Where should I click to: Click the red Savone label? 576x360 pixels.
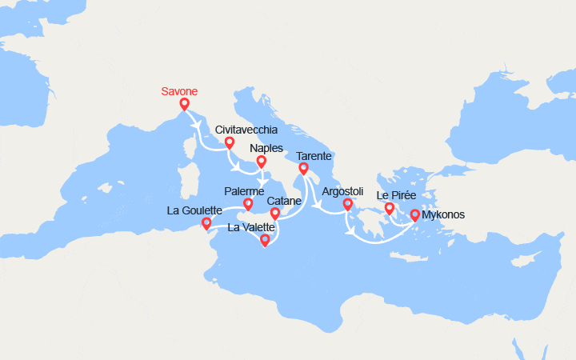180,91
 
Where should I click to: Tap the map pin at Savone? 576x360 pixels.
184,104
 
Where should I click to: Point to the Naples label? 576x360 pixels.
266,148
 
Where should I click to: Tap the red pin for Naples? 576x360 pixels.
261,162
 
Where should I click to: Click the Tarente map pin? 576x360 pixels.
303,169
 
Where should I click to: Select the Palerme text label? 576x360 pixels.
245,191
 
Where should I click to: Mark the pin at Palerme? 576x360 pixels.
248,205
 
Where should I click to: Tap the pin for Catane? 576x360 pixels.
275,214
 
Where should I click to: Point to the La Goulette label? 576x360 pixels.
194,210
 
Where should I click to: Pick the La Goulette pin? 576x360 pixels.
206,224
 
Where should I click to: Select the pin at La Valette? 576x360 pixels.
265,239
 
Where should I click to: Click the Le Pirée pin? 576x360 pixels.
390,210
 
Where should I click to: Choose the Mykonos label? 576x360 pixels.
442,214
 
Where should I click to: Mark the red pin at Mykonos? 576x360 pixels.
415,215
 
